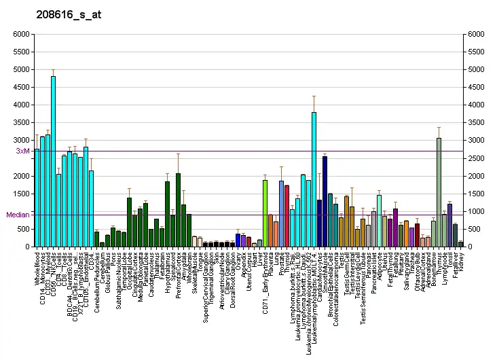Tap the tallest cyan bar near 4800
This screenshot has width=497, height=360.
[53, 162]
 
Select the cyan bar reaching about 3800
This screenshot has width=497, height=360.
[314, 179]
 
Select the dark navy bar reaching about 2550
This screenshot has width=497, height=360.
[325, 201]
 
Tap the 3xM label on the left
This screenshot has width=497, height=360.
[24, 151]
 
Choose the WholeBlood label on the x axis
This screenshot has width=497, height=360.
[37, 268]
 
